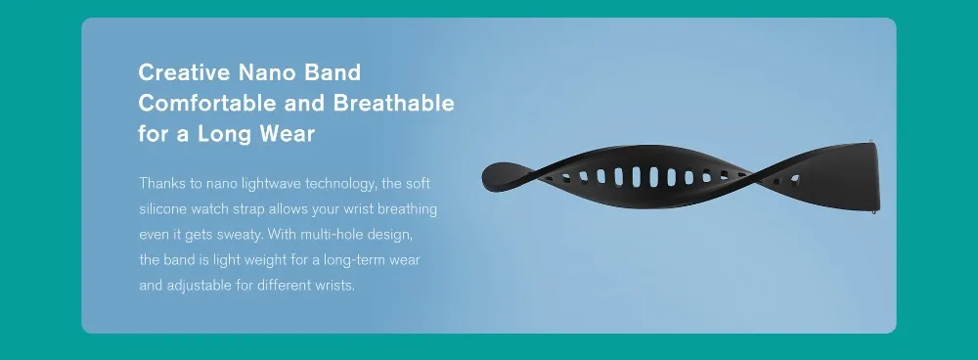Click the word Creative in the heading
click(184, 72)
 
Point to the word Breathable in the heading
click(393, 103)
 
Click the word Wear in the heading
click(288, 133)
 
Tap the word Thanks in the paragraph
click(159, 184)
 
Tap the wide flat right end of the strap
click(855, 176)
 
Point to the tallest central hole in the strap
click(637, 176)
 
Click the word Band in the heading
click(333, 72)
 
